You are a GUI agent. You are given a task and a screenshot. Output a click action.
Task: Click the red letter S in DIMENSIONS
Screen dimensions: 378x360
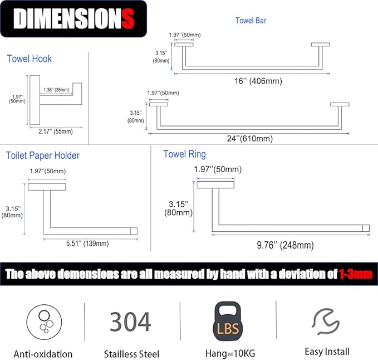[128, 18]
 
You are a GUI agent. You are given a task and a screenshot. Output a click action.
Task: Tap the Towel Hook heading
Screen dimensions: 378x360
[29, 59]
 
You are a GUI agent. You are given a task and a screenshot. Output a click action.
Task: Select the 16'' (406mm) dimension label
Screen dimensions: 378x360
[258, 81]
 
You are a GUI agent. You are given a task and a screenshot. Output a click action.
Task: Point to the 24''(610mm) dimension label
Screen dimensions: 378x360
[250, 139]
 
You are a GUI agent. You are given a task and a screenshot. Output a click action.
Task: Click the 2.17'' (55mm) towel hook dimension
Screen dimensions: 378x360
[56, 132]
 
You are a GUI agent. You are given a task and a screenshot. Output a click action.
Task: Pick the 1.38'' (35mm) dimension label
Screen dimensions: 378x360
[56, 90]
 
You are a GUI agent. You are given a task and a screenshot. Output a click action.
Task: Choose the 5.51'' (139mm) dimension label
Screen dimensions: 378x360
[87, 244]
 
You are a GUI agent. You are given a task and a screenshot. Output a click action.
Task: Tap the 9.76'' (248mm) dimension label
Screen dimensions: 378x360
[285, 245]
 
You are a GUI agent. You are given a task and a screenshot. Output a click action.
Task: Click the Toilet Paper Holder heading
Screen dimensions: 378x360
[43, 155]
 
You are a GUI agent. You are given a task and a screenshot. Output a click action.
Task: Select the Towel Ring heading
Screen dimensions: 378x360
[185, 154]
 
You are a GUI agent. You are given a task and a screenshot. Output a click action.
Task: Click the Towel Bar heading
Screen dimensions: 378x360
[251, 21]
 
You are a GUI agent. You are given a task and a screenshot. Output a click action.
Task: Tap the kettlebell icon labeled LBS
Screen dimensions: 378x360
[228, 322]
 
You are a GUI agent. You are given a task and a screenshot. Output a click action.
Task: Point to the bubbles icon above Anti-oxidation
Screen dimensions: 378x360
[44, 322]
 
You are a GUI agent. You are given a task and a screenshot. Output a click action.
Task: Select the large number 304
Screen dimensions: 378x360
[130, 322]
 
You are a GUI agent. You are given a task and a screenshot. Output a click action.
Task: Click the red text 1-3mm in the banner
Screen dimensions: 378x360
[356, 274]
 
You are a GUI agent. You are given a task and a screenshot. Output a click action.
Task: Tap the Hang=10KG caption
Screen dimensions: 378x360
[230, 353]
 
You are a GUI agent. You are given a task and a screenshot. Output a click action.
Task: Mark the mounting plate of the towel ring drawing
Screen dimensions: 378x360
[215, 184]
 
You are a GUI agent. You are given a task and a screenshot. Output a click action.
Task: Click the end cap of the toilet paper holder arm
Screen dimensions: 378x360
[134, 231]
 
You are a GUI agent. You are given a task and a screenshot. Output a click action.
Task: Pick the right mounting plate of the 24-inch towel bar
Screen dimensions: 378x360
[340, 104]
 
